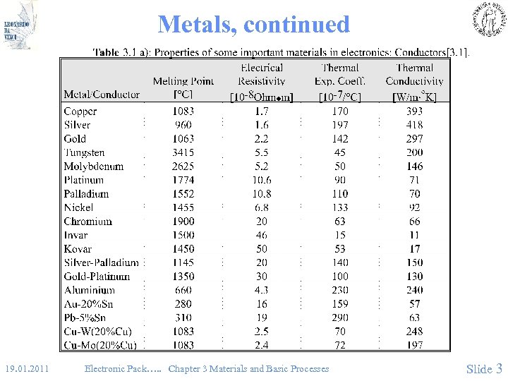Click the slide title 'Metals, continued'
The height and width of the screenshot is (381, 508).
(x=254, y=25)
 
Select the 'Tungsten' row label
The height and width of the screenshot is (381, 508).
(x=84, y=152)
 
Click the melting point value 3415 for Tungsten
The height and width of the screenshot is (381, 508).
(x=183, y=152)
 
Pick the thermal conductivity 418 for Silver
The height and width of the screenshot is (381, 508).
(x=414, y=125)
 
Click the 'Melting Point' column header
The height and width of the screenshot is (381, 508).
(x=183, y=87)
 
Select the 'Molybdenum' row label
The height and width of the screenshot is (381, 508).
(x=93, y=167)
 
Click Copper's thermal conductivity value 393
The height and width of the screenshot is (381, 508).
(x=414, y=111)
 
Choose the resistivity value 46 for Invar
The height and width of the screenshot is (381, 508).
(x=262, y=235)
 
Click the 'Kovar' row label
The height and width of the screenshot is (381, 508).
(x=78, y=248)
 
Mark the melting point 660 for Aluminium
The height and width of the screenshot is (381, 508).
(x=183, y=290)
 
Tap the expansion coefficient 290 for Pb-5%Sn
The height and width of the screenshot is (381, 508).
(x=340, y=317)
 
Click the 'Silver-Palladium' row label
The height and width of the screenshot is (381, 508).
(x=102, y=262)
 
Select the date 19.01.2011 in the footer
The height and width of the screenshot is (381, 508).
(x=27, y=368)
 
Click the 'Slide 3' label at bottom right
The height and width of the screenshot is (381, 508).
(x=484, y=368)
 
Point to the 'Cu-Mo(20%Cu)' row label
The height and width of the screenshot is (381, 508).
(x=100, y=345)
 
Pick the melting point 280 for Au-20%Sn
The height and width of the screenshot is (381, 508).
(x=183, y=304)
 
